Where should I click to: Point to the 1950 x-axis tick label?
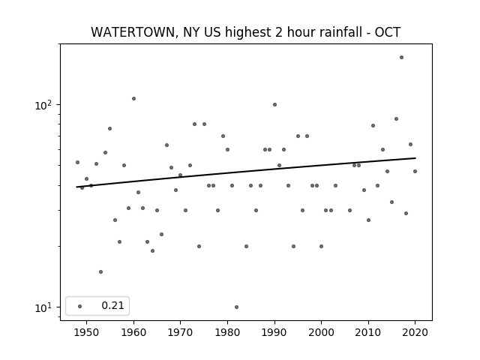coord(87,332)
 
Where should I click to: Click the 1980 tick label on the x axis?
coord(227,332)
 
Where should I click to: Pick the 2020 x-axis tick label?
coord(415,332)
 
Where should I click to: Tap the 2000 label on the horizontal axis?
coord(321,332)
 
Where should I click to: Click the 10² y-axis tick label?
coord(43,105)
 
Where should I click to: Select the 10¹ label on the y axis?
coord(43,307)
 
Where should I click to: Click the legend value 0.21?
coord(112,305)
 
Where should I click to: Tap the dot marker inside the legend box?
coord(80,306)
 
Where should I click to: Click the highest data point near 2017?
coord(401,57)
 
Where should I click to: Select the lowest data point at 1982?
coord(236,307)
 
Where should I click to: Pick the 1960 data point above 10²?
coord(133,98)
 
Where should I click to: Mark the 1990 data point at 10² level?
coord(274,105)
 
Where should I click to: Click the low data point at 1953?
coord(100,271)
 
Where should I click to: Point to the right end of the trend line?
coord(415,158)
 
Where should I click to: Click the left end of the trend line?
coord(76,187)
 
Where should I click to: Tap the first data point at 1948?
coord(77,162)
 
